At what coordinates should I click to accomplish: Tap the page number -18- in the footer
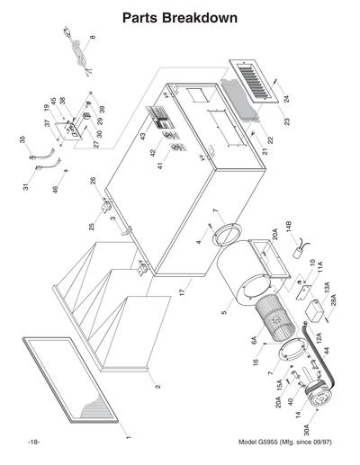(33, 443)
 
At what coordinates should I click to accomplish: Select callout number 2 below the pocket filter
(157, 386)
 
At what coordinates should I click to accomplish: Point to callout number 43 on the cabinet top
(141, 136)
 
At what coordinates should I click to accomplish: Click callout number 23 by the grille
(286, 121)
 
